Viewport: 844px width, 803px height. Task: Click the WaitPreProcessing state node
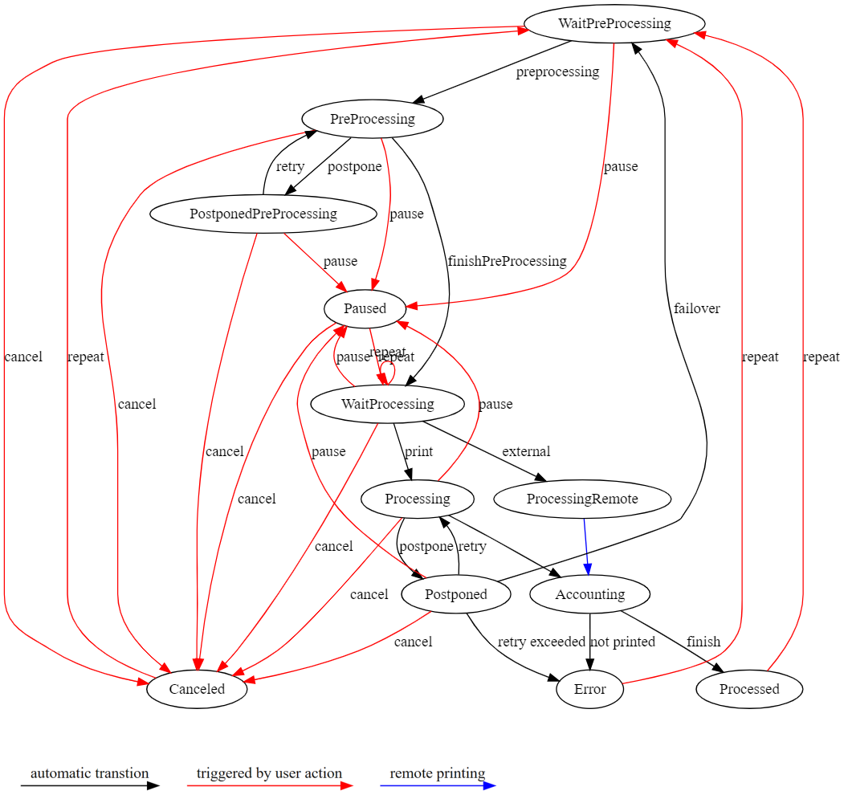614,23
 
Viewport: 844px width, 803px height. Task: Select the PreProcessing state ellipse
373,120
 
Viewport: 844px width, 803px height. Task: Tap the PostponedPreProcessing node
263,214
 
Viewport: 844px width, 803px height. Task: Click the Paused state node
365,309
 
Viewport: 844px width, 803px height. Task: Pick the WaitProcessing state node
387,404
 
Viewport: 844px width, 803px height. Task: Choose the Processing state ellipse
418,499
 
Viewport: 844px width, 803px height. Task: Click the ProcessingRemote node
582,499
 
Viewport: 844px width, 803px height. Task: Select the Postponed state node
456,595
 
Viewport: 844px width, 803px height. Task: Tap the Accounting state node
590,595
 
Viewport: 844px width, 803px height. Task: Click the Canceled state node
197,690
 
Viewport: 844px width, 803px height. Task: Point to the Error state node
590,690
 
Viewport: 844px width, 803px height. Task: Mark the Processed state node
749,690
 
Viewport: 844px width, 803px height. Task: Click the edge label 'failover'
697,309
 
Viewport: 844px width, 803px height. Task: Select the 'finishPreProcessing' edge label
507,262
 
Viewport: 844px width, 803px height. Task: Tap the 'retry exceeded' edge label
541,642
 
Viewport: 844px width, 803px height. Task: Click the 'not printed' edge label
622,642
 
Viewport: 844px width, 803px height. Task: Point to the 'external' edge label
526,452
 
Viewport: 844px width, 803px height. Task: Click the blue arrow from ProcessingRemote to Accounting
587,546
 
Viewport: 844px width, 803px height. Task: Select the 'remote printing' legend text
438,774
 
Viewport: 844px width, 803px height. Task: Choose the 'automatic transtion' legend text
89,774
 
